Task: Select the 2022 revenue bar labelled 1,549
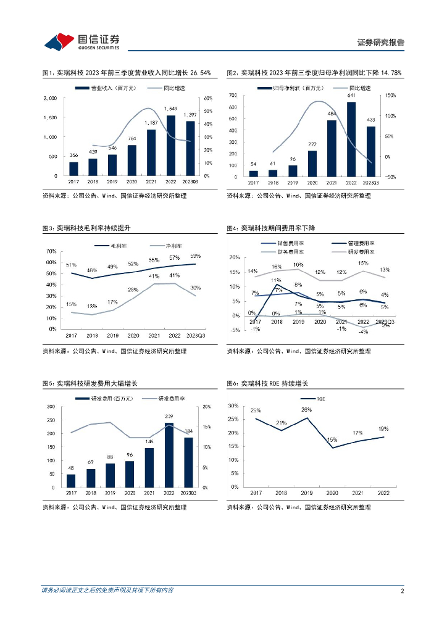[170, 146]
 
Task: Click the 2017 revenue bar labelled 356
[73, 168]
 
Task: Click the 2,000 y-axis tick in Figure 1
[51, 98]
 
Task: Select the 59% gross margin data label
[195, 256]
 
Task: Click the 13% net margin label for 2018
[91, 307]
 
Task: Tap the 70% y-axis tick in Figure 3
[51, 252]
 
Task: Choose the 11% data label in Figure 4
[277, 280]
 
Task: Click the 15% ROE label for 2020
[332, 439]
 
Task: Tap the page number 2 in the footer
[402, 591]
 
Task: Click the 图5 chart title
[90, 384]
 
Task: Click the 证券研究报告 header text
[381, 43]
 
